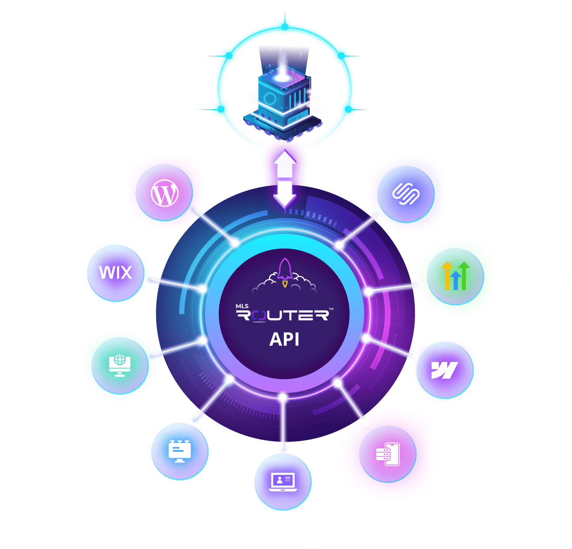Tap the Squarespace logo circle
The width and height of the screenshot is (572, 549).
406,194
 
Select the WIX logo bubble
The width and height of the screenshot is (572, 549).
115,273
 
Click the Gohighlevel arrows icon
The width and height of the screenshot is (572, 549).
455,276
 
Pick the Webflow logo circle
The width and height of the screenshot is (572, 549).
444,370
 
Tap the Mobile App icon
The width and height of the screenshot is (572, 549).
387,454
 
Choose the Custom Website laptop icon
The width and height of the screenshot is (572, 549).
283,481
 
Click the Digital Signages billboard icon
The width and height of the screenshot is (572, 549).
179,451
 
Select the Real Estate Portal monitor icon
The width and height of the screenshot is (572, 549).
120,365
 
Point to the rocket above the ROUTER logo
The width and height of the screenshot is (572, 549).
284,272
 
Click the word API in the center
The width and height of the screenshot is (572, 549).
284,339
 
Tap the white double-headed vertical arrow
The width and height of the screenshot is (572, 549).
285,178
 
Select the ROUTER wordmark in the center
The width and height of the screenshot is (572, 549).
284,315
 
